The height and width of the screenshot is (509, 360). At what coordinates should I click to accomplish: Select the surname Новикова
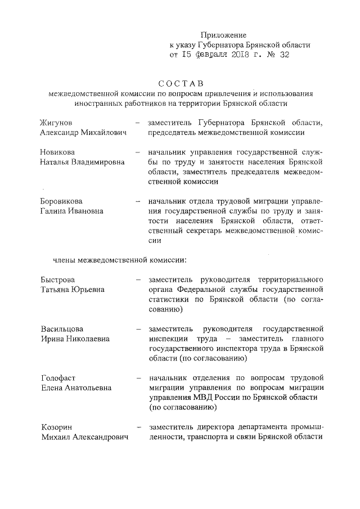tap(58, 152)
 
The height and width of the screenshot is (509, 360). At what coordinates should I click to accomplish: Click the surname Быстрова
tap(58, 280)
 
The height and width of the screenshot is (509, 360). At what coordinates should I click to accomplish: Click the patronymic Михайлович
tap(105, 133)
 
